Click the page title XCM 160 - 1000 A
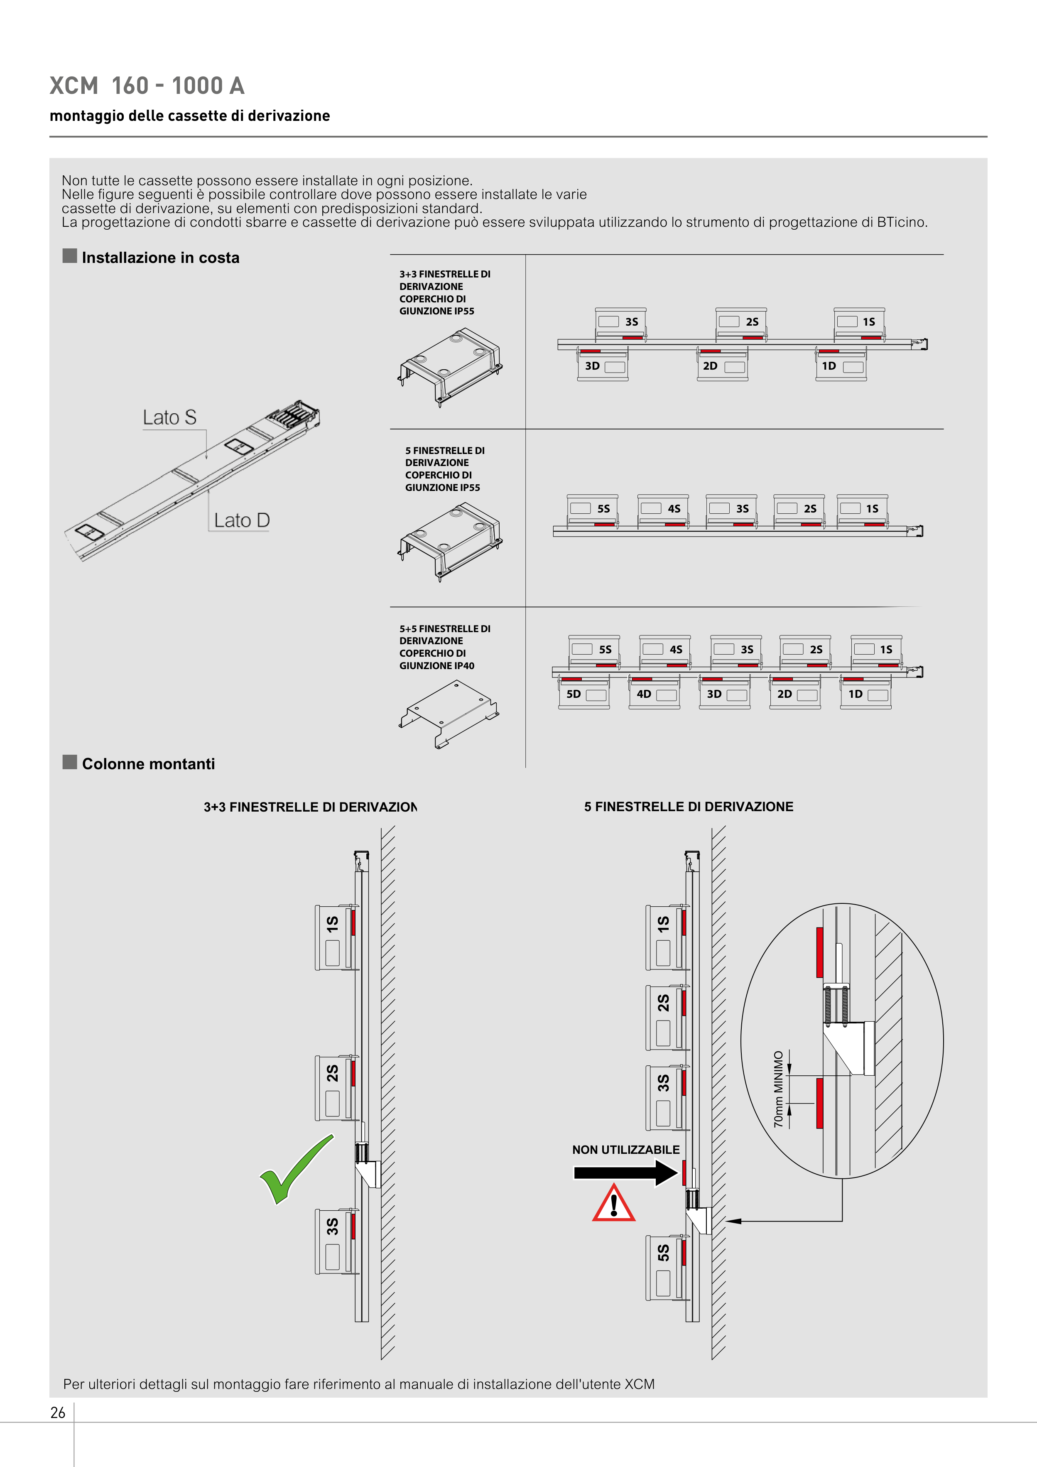(x=147, y=86)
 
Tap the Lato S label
(x=169, y=417)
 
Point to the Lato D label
(x=242, y=520)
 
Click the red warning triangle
(x=613, y=1204)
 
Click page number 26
(x=57, y=1413)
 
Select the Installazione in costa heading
(x=160, y=258)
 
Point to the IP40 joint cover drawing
(x=449, y=712)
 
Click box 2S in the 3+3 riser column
(x=333, y=1087)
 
